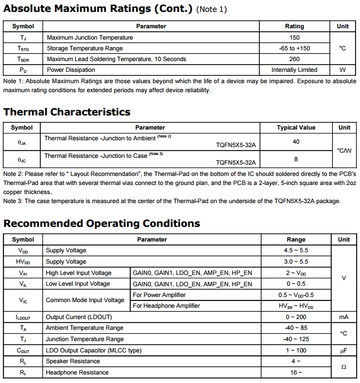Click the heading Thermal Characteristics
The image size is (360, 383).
(x=67, y=112)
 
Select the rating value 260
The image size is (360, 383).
(x=294, y=59)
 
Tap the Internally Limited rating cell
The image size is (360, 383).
(x=294, y=70)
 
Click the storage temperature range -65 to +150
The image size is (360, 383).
(x=294, y=48)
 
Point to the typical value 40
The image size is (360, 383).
(x=296, y=141)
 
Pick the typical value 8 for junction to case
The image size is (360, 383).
(x=296, y=159)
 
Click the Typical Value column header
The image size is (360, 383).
(x=296, y=128)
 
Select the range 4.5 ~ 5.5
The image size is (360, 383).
(x=296, y=251)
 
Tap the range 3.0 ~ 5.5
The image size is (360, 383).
(x=296, y=261)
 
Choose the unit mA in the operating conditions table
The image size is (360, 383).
(x=344, y=317)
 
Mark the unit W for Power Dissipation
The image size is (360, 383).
(x=342, y=70)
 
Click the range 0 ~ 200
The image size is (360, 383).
(x=296, y=317)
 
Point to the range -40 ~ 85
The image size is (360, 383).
(x=296, y=328)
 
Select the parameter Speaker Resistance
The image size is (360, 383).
(x=73, y=361)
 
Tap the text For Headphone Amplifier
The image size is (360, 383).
(x=166, y=305)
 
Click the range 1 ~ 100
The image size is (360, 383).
(x=296, y=350)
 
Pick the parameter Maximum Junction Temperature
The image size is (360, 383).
(x=90, y=37)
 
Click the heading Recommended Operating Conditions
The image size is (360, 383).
(x=102, y=223)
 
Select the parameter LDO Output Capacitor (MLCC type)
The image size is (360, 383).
(x=93, y=350)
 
